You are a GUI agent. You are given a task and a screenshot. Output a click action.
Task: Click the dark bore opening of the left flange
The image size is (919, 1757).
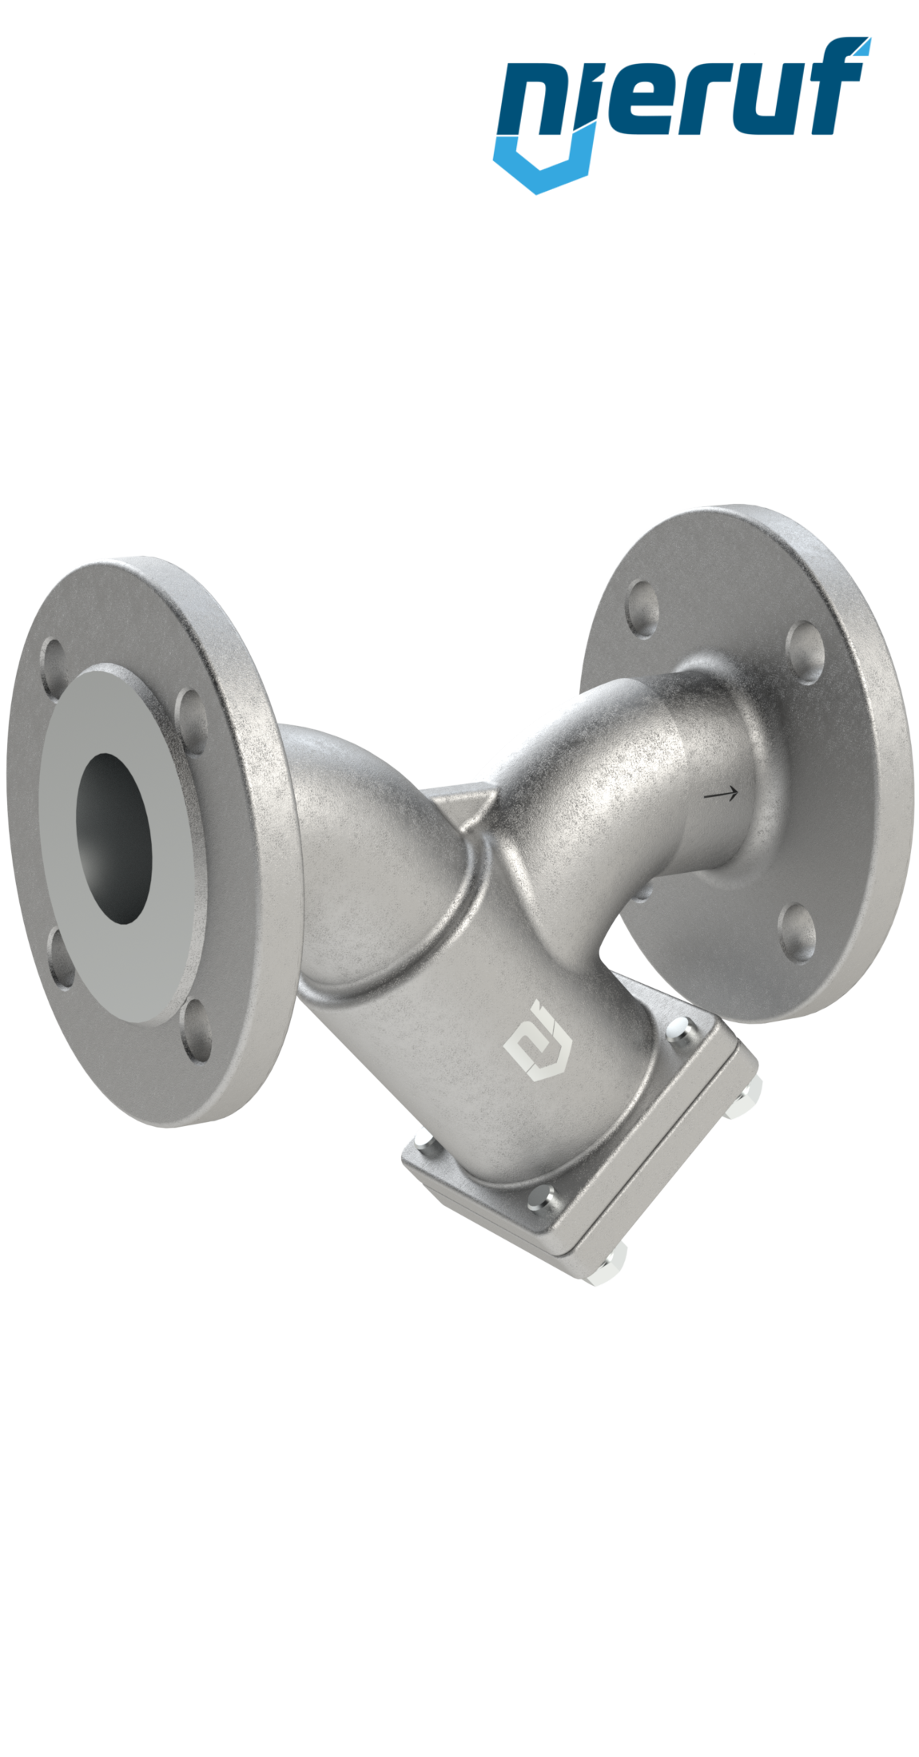[x=113, y=838]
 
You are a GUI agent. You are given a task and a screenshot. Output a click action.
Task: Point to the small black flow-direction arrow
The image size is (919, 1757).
[x=720, y=794]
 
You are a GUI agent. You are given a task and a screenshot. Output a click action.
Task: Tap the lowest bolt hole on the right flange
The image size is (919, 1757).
[x=797, y=930]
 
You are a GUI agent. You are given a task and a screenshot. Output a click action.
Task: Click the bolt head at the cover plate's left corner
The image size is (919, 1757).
[x=424, y=1144]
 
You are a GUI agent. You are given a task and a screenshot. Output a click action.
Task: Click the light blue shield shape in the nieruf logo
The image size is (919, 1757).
[x=543, y=164]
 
